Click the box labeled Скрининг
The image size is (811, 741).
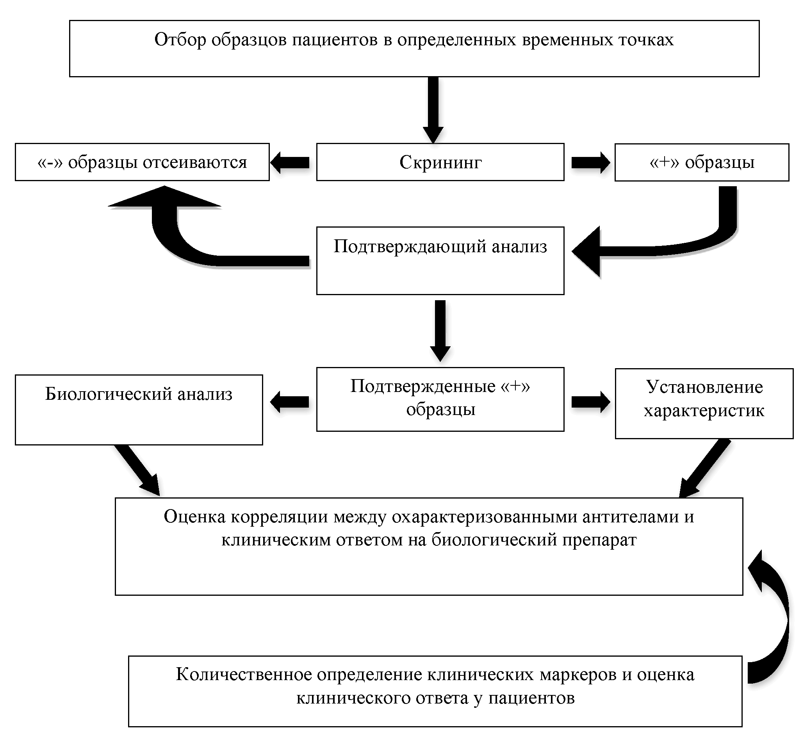tap(440, 162)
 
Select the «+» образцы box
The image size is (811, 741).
tap(702, 162)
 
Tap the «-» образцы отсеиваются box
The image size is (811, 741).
tap(142, 162)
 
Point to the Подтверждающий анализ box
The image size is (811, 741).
tap(440, 261)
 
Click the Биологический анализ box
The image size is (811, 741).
tap(139, 410)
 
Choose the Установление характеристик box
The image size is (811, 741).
tap(704, 403)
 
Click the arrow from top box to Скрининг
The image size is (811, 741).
tap(433, 109)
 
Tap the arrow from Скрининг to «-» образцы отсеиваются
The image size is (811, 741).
tap(290, 162)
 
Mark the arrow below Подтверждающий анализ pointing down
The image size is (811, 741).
tap(440, 330)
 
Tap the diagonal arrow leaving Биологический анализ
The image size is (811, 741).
tap(137, 469)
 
